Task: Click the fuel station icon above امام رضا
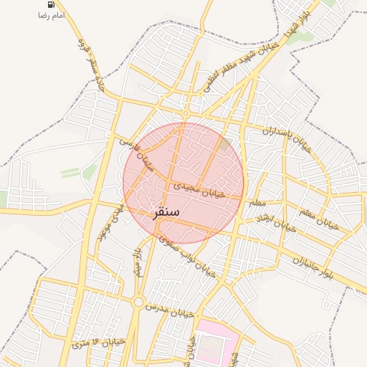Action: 52,4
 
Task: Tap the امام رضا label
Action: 52,15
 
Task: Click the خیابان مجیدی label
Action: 196,189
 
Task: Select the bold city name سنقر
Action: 167,213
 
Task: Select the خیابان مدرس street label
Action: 170,310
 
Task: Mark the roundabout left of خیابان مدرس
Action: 138,302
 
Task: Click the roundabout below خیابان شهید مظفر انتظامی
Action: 186,113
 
